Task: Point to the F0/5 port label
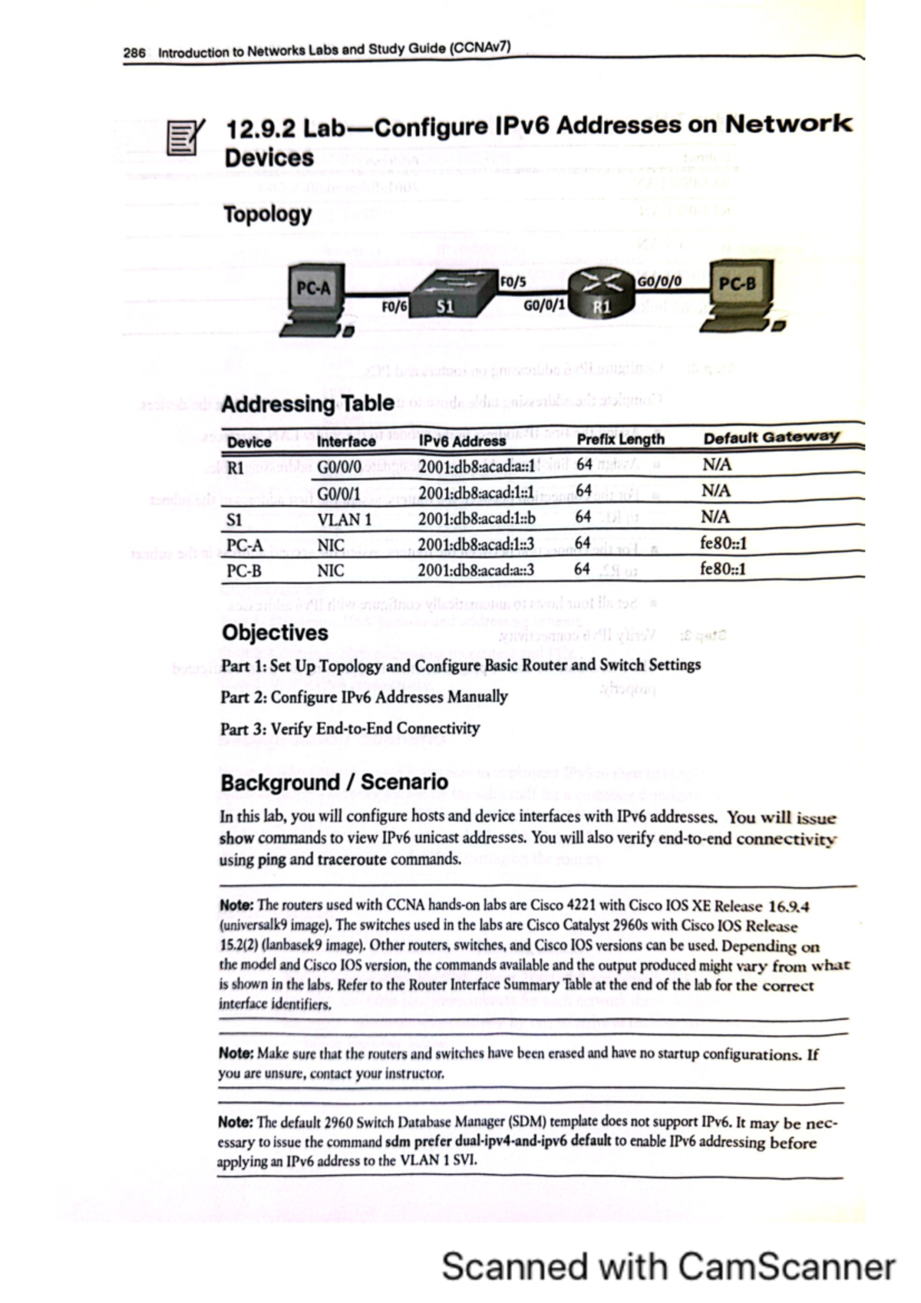tap(513, 282)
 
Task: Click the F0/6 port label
tap(394, 307)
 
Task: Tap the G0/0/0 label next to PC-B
tap(659, 281)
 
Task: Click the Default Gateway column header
tap(771, 437)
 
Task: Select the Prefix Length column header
tap(620, 439)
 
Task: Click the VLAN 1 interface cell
tap(345, 520)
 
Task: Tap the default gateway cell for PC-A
tap(723, 543)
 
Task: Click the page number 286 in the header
tap(134, 53)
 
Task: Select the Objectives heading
tap(275, 632)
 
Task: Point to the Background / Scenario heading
tap(334, 782)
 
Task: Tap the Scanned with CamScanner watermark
tap(668, 1266)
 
